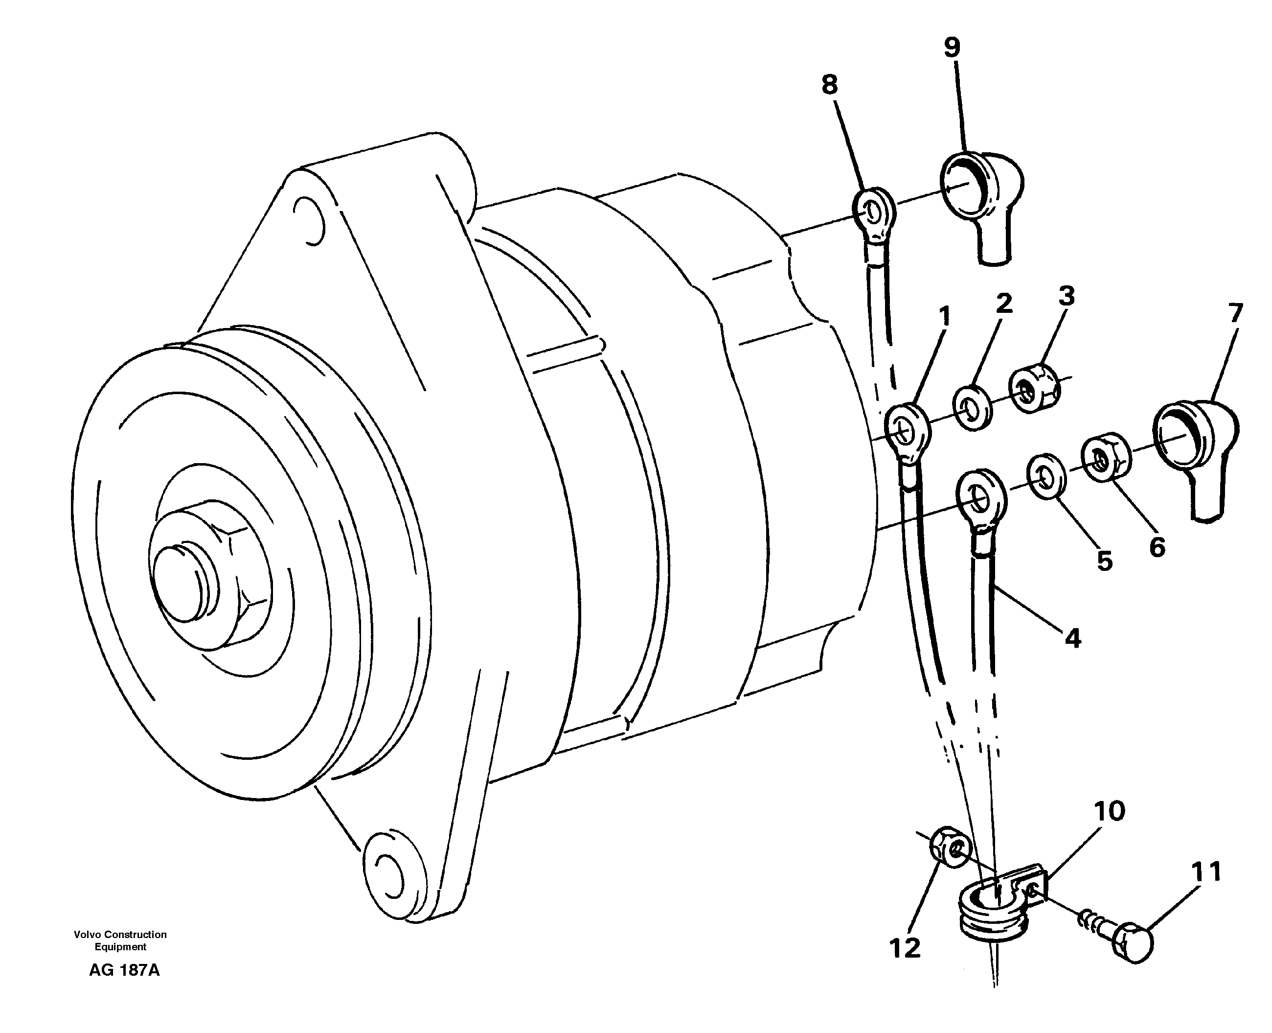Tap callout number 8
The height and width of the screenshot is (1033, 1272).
click(x=830, y=85)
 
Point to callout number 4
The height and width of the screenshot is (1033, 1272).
click(x=1072, y=638)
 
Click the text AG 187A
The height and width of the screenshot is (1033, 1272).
click(x=124, y=970)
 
